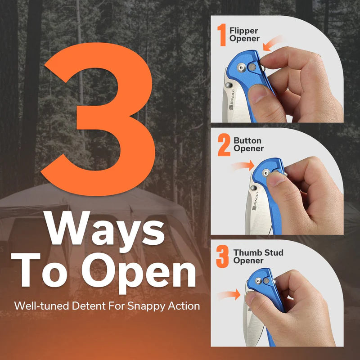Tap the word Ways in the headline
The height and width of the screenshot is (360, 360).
pyautogui.click(x=105, y=232)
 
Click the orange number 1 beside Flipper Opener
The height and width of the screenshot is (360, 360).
pyautogui.click(x=222, y=35)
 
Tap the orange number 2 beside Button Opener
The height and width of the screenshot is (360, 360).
pyautogui.click(x=224, y=145)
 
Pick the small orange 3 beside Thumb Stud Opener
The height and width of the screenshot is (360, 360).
pyautogui.click(x=222, y=256)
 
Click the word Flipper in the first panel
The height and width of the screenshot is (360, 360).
pyautogui.click(x=243, y=31)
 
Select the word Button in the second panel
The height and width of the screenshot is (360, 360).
pyautogui.click(x=247, y=140)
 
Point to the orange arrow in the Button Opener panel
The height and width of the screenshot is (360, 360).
pyautogui.click(x=243, y=166)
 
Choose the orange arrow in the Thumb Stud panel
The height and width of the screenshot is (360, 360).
pyautogui.click(x=229, y=295)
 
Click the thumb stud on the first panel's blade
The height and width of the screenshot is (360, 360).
pyautogui.click(x=228, y=85)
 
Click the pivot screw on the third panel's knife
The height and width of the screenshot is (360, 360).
pyautogui.click(x=258, y=280)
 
